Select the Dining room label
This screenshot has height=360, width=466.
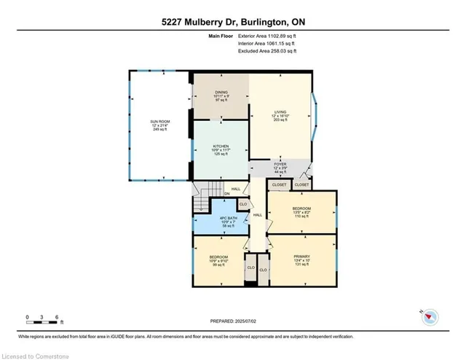coord(221,95)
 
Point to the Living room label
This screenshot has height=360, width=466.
coord(280,115)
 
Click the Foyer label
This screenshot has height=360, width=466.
coord(280,168)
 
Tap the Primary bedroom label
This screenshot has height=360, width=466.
coord(301,260)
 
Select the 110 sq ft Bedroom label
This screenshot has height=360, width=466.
coord(301,212)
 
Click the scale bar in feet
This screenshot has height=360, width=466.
coord(44,318)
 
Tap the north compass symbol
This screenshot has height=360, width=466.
coord(431,316)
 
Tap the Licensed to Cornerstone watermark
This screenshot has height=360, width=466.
coord(37,355)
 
